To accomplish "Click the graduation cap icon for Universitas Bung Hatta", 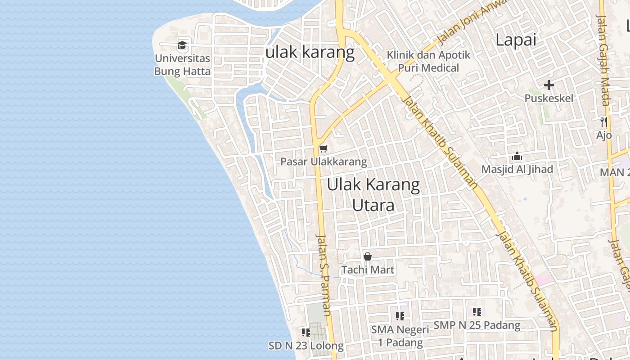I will pos(182,45).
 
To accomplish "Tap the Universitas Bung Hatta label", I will pos(182,65).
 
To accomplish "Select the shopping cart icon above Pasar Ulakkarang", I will pos(323,148).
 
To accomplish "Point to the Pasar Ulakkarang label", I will pos(324,162).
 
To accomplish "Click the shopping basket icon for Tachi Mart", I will pos(368,256).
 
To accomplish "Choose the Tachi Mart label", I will pos(368,270).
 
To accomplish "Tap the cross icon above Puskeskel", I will pos(549,85).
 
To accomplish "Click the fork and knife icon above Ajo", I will pos(604,121).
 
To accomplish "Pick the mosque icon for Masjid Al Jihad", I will pos(517,157).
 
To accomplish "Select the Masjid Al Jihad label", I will pos(517,170).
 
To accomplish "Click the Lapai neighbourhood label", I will pos(516,40).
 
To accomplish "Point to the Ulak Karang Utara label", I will pos(373,195).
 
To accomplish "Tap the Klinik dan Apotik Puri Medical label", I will pos(428,62).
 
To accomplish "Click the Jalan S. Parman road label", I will pos(324,274).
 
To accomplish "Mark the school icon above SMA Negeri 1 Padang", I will pos(400,316).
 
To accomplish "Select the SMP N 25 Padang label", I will pos(477,325).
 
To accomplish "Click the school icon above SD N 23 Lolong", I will pos(306,333).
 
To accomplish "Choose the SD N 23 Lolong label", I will pos(306,346).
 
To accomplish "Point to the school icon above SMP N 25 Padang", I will pos(477,311).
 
